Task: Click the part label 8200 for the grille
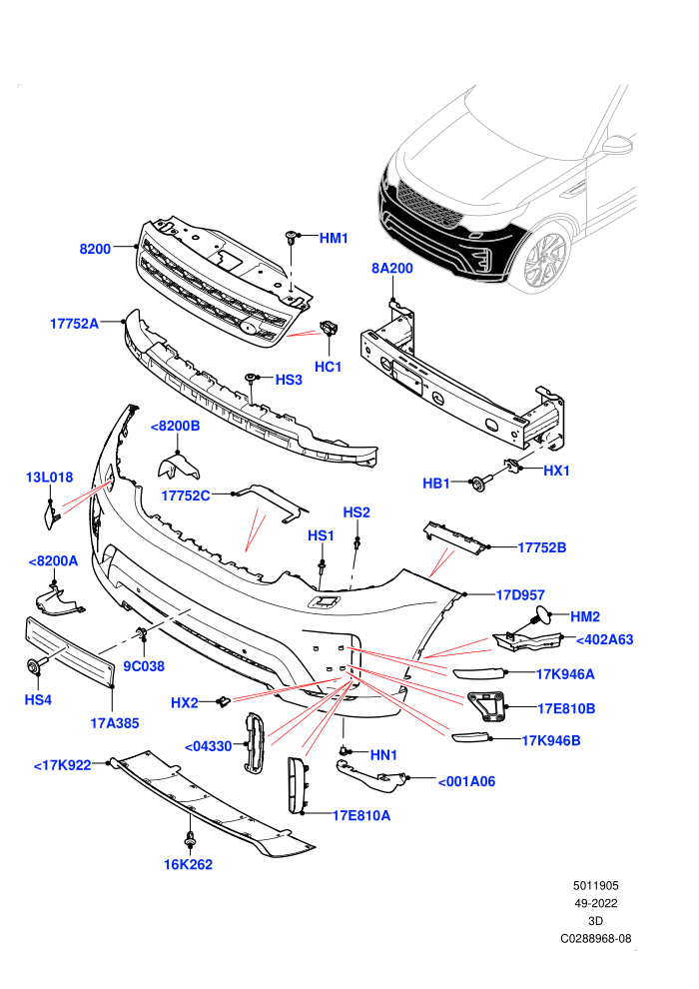[95, 249]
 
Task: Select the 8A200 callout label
[392, 268]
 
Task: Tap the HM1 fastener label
[334, 238]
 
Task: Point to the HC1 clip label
[328, 367]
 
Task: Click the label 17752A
[74, 324]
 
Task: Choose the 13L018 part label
[49, 478]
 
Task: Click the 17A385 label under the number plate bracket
[115, 723]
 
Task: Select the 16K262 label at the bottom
[188, 865]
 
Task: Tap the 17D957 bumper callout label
[520, 594]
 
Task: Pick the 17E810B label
[566, 708]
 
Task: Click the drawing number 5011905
[595, 885]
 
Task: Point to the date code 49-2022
[595, 903]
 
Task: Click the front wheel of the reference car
[545, 260]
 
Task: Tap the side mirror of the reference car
[618, 145]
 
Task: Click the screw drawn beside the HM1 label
[291, 239]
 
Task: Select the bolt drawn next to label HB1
[479, 484]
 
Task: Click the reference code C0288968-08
[595, 938]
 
